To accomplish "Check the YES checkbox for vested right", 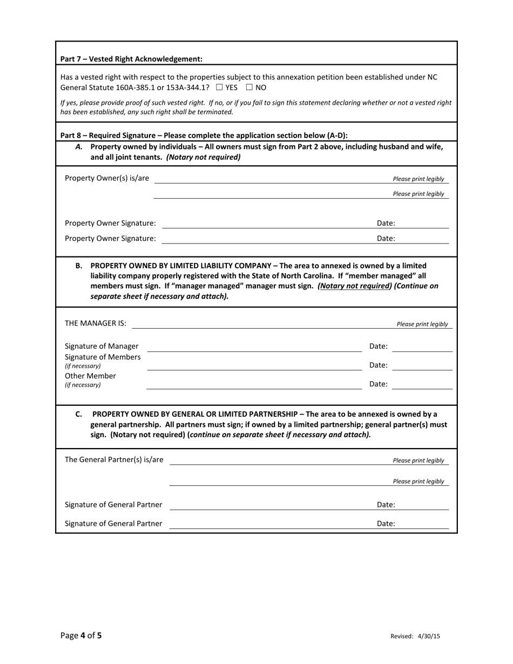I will (x=219, y=87).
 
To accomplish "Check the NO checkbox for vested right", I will (x=249, y=87).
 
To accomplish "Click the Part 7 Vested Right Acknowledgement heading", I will (x=131, y=59).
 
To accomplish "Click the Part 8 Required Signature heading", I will (x=204, y=135).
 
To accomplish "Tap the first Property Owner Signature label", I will (x=110, y=223).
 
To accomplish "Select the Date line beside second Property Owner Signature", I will (x=424, y=238).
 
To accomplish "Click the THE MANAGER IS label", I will (x=96, y=323).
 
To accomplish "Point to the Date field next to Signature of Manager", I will (x=422, y=347).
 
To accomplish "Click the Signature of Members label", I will (x=103, y=357).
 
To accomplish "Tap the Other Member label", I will (x=90, y=376).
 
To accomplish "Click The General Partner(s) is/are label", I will (x=114, y=459).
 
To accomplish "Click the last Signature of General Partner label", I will (x=113, y=523).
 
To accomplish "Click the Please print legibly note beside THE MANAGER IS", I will (x=422, y=324).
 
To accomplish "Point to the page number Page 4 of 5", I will (x=81, y=635).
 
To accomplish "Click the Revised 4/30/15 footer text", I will (x=415, y=636).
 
